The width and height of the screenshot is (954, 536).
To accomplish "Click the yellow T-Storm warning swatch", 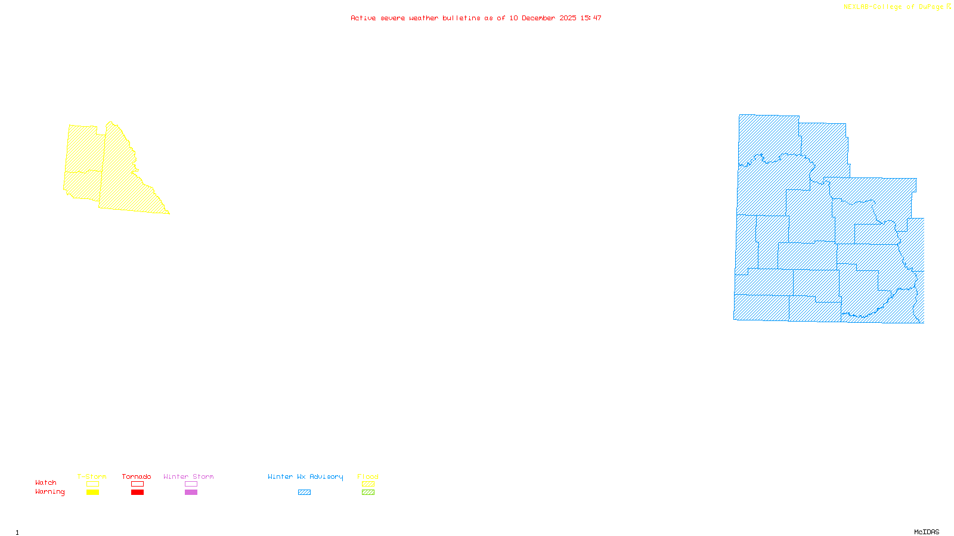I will click(x=92, y=493).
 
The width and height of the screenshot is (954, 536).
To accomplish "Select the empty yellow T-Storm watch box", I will click(x=92, y=484).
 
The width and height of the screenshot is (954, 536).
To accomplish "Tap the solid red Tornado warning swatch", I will click(x=137, y=493).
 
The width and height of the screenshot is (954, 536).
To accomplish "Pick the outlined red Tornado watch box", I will click(x=137, y=484).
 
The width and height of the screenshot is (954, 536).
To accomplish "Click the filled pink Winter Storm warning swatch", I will click(x=191, y=493).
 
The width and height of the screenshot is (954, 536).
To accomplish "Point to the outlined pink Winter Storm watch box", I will click(x=191, y=484).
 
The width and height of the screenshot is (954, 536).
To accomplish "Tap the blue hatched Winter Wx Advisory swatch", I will click(x=304, y=493).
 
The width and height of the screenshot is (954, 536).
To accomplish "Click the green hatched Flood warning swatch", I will click(x=368, y=493).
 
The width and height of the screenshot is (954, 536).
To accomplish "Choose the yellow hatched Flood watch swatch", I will click(x=368, y=484).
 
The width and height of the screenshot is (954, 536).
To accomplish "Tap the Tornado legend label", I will click(x=137, y=476).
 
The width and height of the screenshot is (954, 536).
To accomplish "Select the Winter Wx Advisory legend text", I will click(x=305, y=476).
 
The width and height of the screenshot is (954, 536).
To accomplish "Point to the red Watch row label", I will click(x=46, y=482).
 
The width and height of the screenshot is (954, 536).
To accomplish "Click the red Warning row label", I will click(x=49, y=492).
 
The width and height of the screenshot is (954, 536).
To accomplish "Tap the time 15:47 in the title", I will click(x=591, y=18).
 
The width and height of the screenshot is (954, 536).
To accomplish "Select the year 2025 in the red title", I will click(x=568, y=18).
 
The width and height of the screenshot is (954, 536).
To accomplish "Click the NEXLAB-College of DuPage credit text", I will click(x=893, y=7).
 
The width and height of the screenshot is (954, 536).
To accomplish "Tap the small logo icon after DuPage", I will click(x=949, y=7).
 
